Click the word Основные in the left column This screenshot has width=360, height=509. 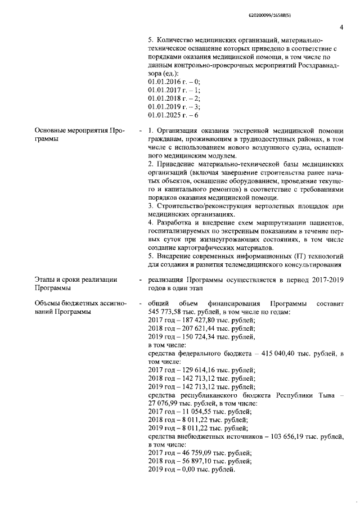click(x=53, y=131)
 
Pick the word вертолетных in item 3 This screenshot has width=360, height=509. click(x=267, y=206)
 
